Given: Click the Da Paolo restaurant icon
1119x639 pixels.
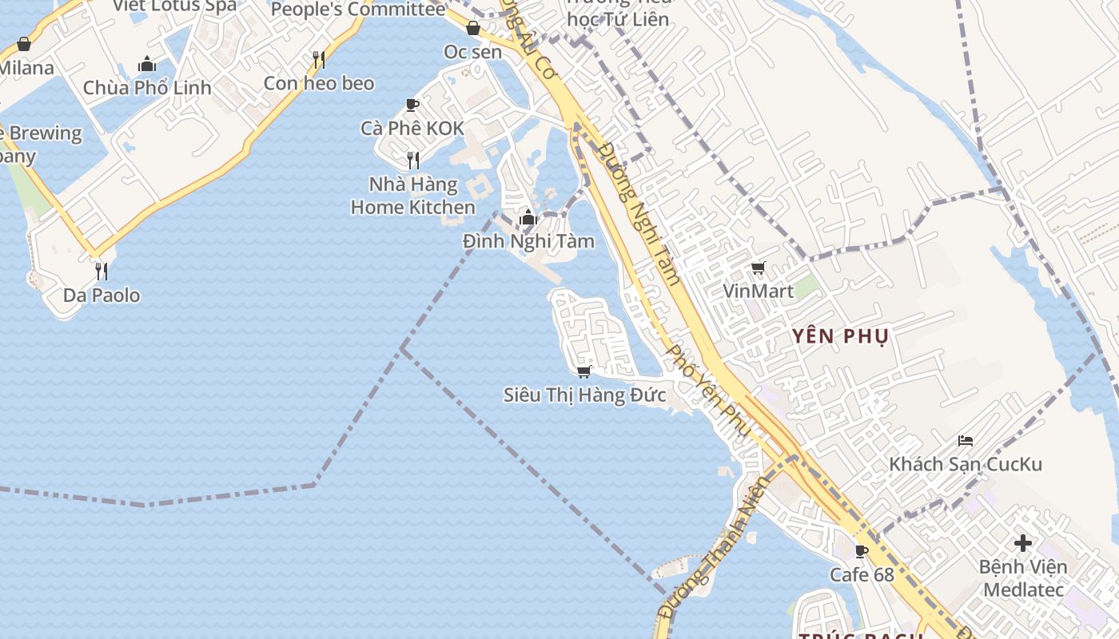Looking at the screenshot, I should [102, 272].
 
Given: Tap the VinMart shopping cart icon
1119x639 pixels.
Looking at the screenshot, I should [759, 268].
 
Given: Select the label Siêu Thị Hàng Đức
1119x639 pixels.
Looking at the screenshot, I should [585, 395].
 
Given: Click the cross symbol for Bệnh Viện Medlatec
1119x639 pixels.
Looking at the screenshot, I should [1022, 544].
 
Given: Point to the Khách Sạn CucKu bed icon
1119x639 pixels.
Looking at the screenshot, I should [966, 441].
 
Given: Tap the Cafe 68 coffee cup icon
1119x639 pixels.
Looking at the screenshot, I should [862, 551].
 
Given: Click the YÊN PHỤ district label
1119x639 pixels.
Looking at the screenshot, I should [840, 336].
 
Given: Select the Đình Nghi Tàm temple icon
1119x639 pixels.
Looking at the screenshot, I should [528, 217].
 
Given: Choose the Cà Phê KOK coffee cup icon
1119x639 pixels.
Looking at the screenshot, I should [412, 105].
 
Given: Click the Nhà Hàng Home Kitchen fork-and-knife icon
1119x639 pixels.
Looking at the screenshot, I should [413, 161].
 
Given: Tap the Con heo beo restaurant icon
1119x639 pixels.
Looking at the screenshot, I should [319, 60].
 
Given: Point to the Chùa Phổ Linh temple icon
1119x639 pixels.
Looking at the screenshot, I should [147, 64].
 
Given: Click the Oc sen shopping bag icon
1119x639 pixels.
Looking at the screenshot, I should [473, 29].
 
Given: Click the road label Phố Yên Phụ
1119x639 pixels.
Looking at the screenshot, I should [709, 391].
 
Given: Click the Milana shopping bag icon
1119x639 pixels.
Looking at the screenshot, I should [24, 45].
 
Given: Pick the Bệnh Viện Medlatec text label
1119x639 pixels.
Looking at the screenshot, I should [1024, 578].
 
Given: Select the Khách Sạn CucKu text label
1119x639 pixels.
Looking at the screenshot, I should [966, 464].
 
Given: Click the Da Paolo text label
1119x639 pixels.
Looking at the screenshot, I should [102, 296].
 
